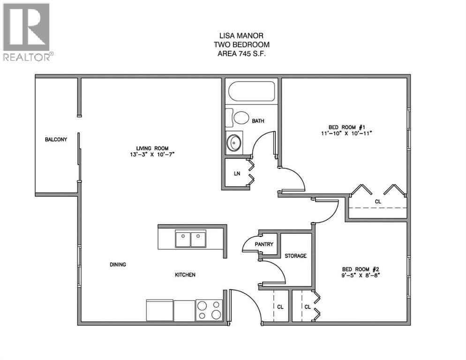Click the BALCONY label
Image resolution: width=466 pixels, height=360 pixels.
[56, 140]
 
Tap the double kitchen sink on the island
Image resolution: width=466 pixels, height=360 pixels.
[191, 239]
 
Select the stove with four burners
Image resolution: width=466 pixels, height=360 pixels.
[209, 310]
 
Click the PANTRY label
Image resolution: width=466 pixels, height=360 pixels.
[264, 245]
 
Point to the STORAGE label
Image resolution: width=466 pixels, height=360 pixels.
[296, 256]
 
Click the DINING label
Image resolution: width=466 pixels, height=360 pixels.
[118, 264]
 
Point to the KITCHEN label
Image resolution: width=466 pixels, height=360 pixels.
[185, 275]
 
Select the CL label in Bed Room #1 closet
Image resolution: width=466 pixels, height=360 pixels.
[378, 202]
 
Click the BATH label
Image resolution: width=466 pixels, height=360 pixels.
[258, 121]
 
